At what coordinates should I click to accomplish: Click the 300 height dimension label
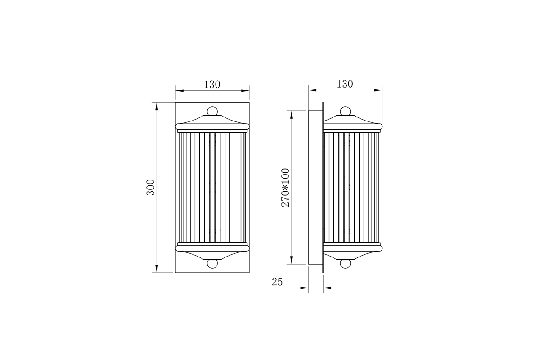click(151, 187)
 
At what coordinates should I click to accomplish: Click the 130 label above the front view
click(212, 85)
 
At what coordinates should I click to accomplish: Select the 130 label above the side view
click(345, 84)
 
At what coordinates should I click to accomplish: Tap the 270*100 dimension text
click(285, 187)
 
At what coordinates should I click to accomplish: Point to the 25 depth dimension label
click(277, 282)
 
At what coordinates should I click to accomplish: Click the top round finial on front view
click(212, 111)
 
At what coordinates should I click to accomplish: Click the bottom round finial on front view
click(212, 263)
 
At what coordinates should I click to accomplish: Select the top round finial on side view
click(345, 111)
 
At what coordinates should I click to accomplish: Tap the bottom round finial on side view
click(345, 263)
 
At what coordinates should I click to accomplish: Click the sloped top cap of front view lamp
click(212, 120)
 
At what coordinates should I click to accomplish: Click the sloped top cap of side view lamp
click(351, 120)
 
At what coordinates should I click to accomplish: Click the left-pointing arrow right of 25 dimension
click(327, 288)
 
